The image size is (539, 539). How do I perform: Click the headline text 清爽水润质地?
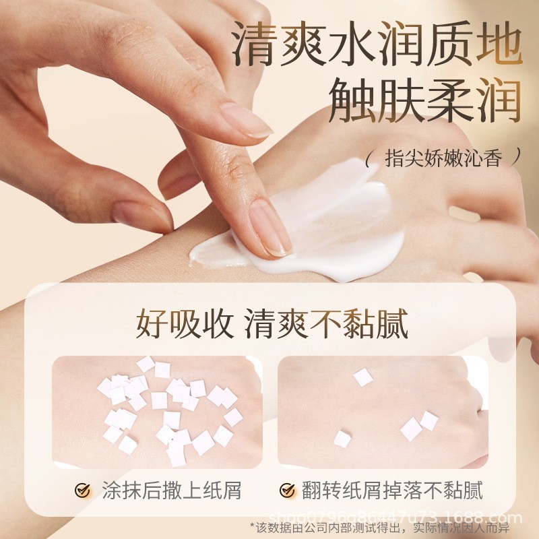click(x=377, y=48)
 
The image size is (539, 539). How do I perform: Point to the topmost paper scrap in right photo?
click(x=363, y=377)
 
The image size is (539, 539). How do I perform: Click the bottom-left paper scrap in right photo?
click(x=342, y=439)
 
